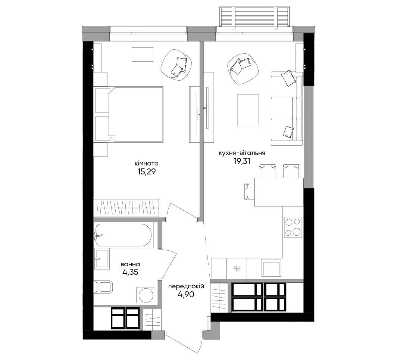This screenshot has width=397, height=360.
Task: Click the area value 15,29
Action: pyautogui.click(x=146, y=172)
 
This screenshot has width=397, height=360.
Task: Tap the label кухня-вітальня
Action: pyautogui.click(x=242, y=153)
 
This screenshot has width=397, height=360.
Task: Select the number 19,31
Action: pyautogui.click(x=242, y=161)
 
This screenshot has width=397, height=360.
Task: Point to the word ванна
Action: pyautogui.click(x=130, y=264)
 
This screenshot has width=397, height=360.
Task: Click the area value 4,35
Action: pyautogui.click(x=130, y=272)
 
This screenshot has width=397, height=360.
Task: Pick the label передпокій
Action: pyautogui.click(x=186, y=286)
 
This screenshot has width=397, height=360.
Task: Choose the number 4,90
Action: pyautogui.click(x=186, y=294)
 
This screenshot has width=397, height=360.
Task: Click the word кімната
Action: pyautogui.click(x=147, y=164)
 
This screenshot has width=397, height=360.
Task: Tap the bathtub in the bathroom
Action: pyautogui.click(x=123, y=235)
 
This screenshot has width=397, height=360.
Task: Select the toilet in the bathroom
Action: pyautogui.click(x=103, y=287)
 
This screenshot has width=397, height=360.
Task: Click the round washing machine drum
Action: pyautogui.click(x=146, y=295)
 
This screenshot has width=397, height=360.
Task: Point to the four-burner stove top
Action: pyautogui.click(x=293, y=227)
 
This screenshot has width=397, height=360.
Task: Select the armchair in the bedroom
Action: pyautogui.click(x=176, y=65)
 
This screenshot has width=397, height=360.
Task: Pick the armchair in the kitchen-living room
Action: pyautogui.click(x=243, y=69)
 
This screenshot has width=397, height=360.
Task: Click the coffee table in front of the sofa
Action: pyautogui.click(x=248, y=110)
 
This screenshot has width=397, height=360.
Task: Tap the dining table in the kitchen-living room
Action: pyautogui.click(x=279, y=192)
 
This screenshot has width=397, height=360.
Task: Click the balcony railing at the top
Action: pyautogui.click(x=255, y=16)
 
